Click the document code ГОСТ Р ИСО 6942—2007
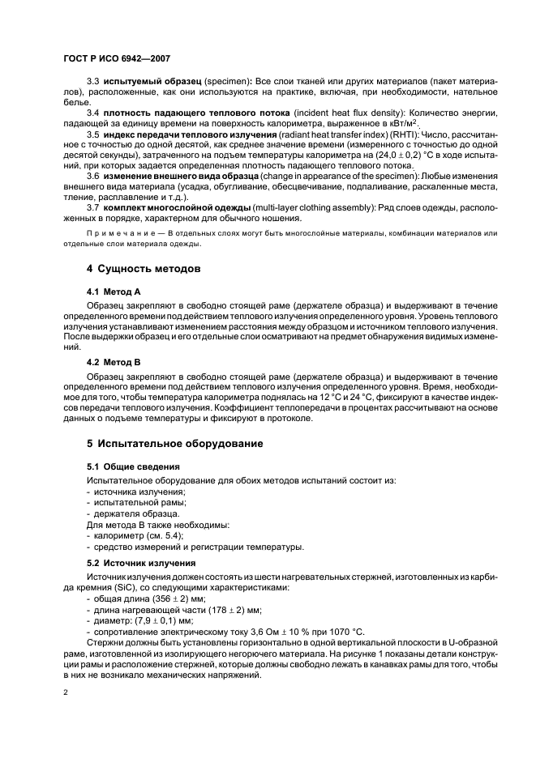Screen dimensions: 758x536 pyautogui.click(x=116, y=58)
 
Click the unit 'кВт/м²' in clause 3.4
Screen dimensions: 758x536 pyautogui.click(x=401, y=122)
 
